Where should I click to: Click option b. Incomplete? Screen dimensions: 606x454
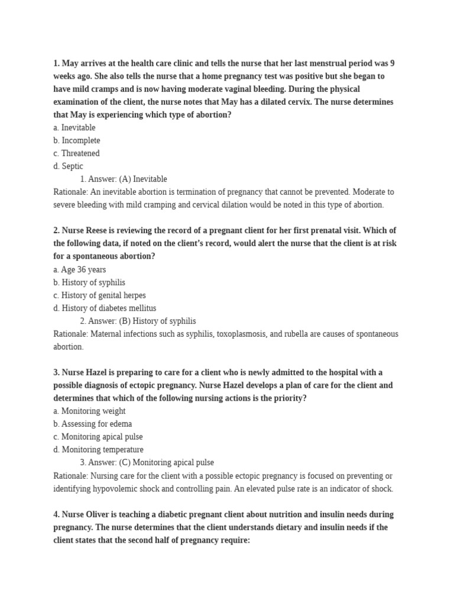pos(77,140)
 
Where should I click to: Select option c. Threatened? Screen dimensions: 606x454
pos(76,153)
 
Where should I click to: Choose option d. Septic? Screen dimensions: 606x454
pos(68,166)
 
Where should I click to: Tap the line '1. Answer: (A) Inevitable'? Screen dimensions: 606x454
pos(124,179)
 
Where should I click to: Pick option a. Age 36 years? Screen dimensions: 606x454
pos(79,269)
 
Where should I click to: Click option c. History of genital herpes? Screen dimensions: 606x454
pos(99,295)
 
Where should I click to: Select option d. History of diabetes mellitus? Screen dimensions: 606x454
pos(105,308)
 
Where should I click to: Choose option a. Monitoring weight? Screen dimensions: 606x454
pos(89,411)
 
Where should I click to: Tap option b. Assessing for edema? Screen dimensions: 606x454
pos(92,424)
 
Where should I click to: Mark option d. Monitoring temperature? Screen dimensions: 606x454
pos(98,450)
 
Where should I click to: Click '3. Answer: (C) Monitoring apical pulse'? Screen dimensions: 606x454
pos(147,462)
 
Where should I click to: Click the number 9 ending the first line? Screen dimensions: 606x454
pos(393,63)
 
